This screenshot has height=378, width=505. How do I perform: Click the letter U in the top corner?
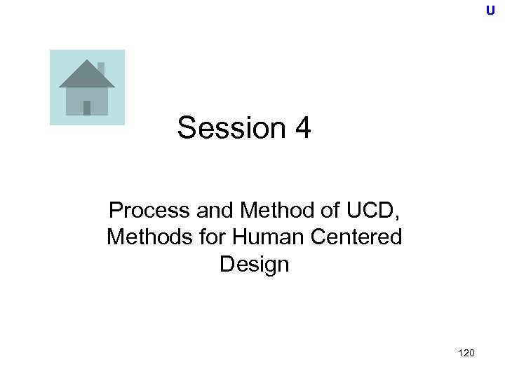490,10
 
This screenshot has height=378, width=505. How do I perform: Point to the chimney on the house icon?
101,67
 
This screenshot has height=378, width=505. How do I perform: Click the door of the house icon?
87,108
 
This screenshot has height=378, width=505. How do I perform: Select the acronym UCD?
370,209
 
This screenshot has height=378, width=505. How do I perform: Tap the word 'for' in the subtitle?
206,237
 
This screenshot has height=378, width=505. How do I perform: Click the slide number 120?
465,353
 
